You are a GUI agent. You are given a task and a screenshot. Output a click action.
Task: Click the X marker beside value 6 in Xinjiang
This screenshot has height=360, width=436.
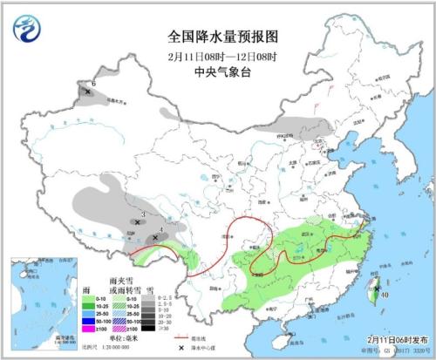point(88,92)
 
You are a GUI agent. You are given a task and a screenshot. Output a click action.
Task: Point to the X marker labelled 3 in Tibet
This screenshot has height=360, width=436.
point(138,222)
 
